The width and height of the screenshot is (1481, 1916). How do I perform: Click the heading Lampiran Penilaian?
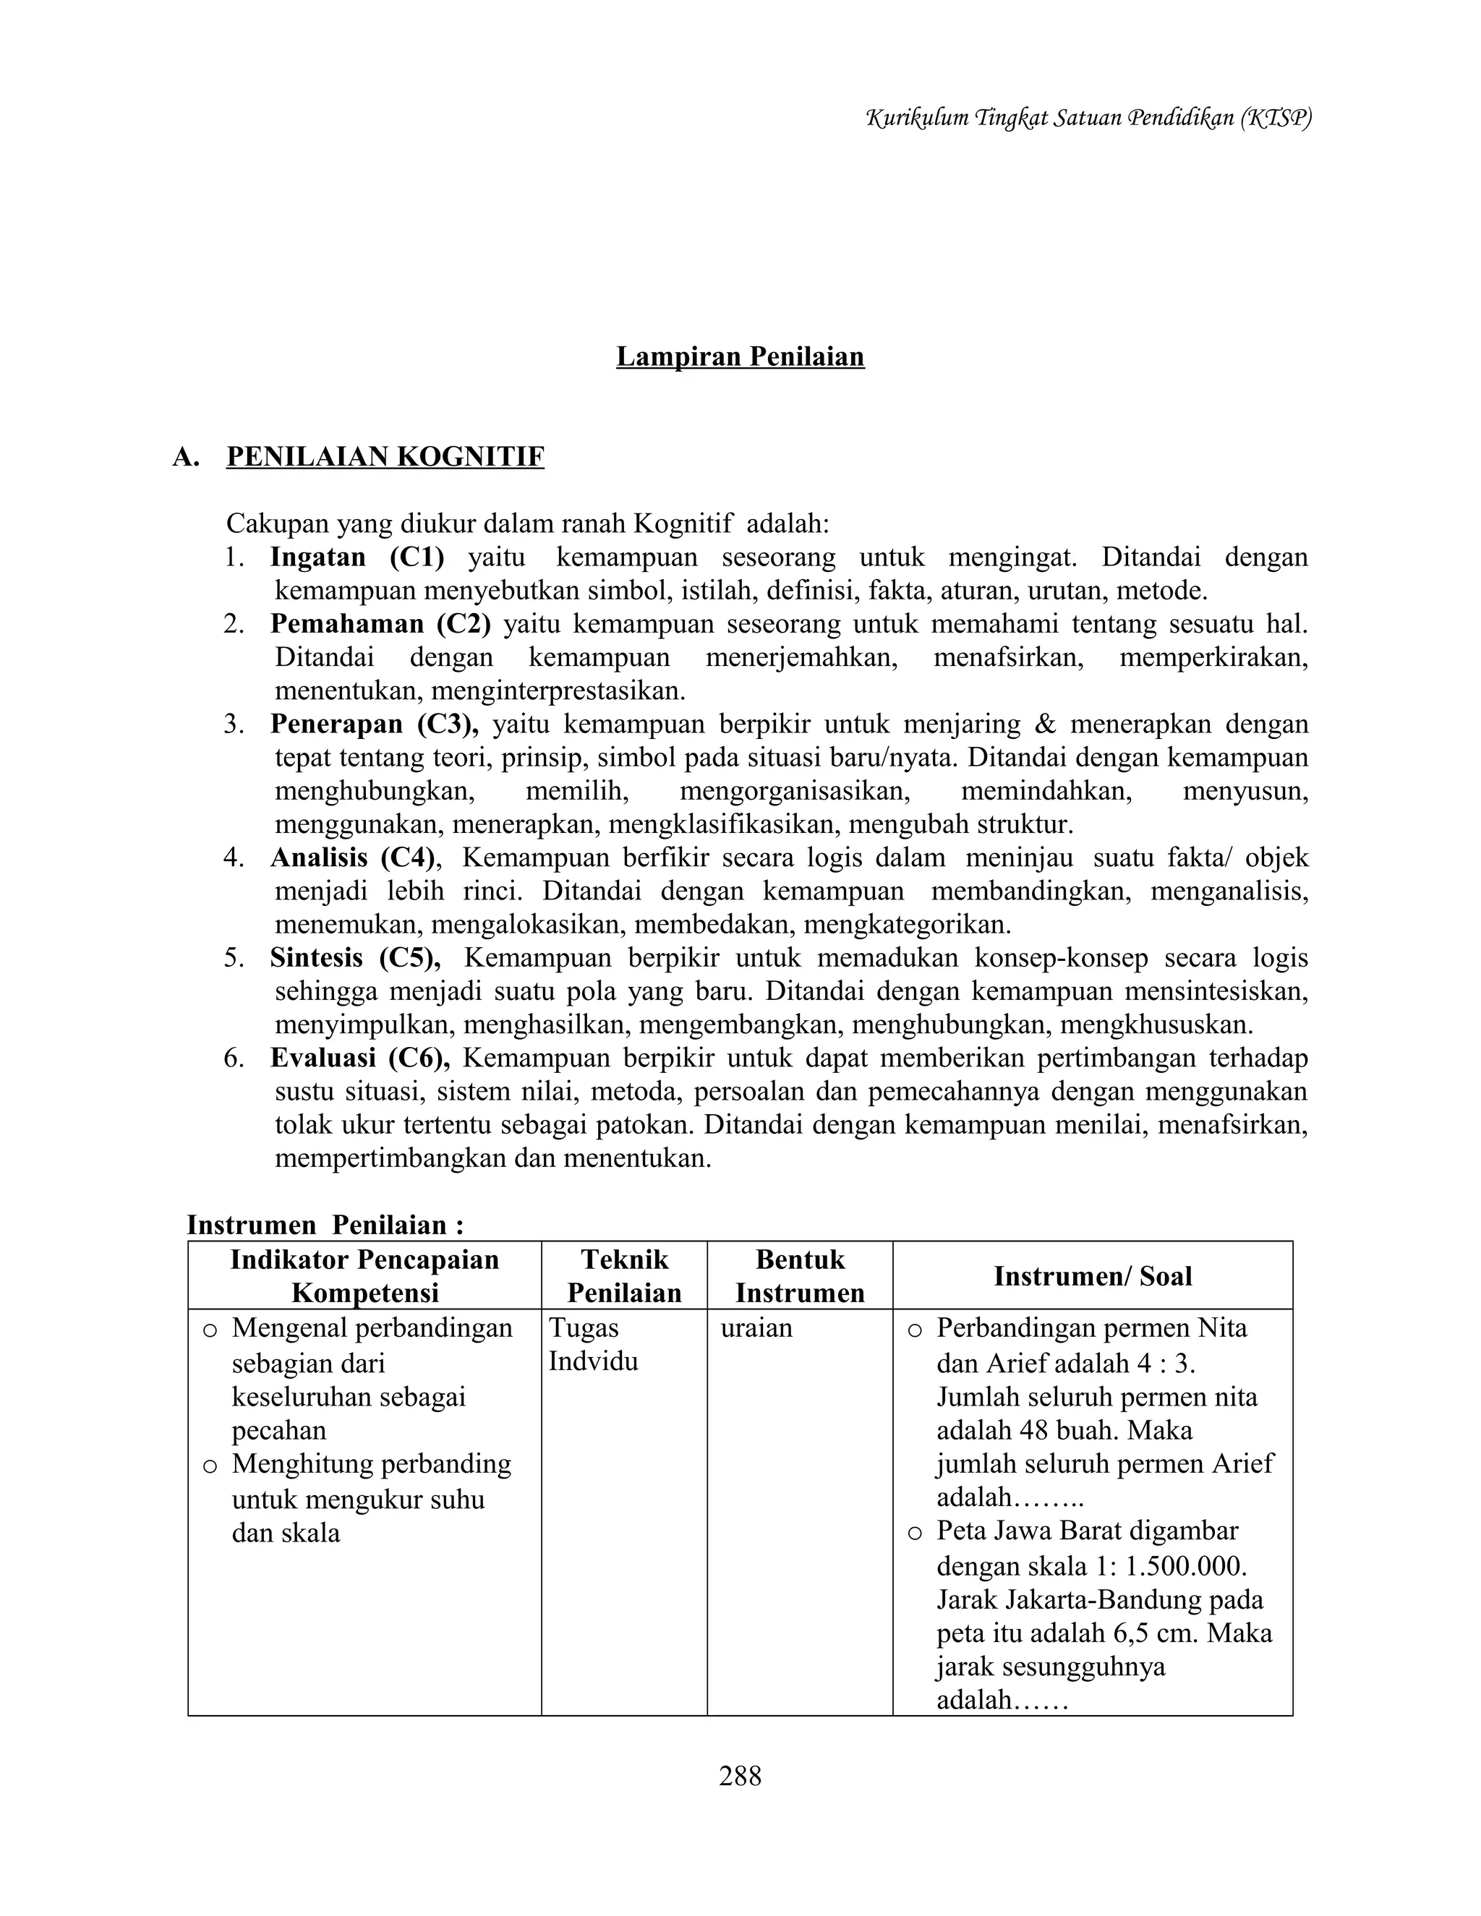pyautogui.click(x=740, y=356)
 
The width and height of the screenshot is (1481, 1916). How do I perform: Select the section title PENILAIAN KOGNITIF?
pyautogui.click(x=385, y=457)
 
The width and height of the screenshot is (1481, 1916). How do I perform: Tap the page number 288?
pyautogui.click(x=740, y=1776)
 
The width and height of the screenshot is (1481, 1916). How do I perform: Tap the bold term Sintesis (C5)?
pyautogui.click(x=354, y=957)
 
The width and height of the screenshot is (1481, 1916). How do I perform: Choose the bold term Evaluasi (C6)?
pyautogui.click(x=359, y=1058)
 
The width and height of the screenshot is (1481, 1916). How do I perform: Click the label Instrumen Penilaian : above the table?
pyautogui.click(x=325, y=1225)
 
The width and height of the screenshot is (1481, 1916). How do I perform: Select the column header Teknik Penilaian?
pyautogui.click(x=624, y=1275)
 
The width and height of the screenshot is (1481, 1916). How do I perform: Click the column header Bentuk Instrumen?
pyautogui.click(x=799, y=1275)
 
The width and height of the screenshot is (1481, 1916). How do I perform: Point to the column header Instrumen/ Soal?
pyautogui.click(x=1093, y=1275)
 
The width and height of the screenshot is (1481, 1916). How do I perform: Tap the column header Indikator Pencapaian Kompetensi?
pyautogui.click(x=364, y=1275)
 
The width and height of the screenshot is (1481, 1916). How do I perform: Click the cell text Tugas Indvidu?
pyautogui.click(x=593, y=1344)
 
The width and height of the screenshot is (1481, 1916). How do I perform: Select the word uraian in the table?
pyautogui.click(x=756, y=1327)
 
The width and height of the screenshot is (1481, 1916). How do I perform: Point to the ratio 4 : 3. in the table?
pyautogui.click(x=1167, y=1364)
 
